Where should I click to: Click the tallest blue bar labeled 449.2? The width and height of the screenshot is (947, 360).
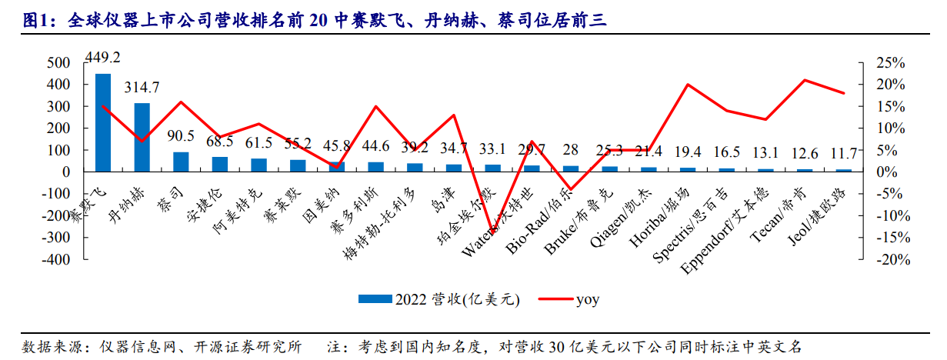click(103, 122)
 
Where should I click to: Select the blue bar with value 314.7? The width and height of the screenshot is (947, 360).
click(142, 137)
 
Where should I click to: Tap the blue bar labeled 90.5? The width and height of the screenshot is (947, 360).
click(181, 162)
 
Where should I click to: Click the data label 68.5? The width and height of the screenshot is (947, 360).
click(220, 142)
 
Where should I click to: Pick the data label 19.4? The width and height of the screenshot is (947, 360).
click(687, 154)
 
